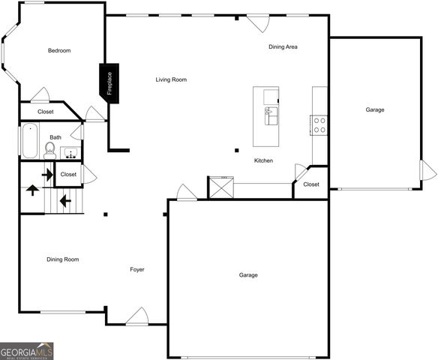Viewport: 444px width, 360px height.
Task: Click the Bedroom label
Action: (x=58, y=50)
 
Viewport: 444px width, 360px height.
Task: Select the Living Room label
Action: (x=171, y=79)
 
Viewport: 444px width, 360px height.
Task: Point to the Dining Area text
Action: (x=283, y=46)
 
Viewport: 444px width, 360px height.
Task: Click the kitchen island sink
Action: (x=270, y=116)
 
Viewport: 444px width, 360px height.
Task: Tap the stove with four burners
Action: (x=319, y=124)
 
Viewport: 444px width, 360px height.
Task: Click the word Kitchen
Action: (x=263, y=160)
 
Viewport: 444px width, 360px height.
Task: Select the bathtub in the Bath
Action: (x=29, y=141)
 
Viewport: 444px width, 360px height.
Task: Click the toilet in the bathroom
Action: (x=49, y=150)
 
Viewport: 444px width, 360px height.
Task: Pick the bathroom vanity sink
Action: (x=71, y=154)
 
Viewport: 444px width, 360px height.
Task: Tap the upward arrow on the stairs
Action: (x=33, y=189)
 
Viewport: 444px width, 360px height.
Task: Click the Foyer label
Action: (x=137, y=269)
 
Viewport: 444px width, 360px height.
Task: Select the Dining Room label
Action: (x=63, y=259)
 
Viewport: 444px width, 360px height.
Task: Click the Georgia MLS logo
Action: (x=27, y=349)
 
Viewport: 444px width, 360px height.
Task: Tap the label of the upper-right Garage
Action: (x=375, y=109)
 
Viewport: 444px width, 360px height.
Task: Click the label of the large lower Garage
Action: (x=248, y=275)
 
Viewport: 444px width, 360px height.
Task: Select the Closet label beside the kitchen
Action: (x=311, y=184)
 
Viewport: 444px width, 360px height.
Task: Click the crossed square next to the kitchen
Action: (x=219, y=187)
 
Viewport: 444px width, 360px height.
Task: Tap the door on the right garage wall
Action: (x=429, y=170)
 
